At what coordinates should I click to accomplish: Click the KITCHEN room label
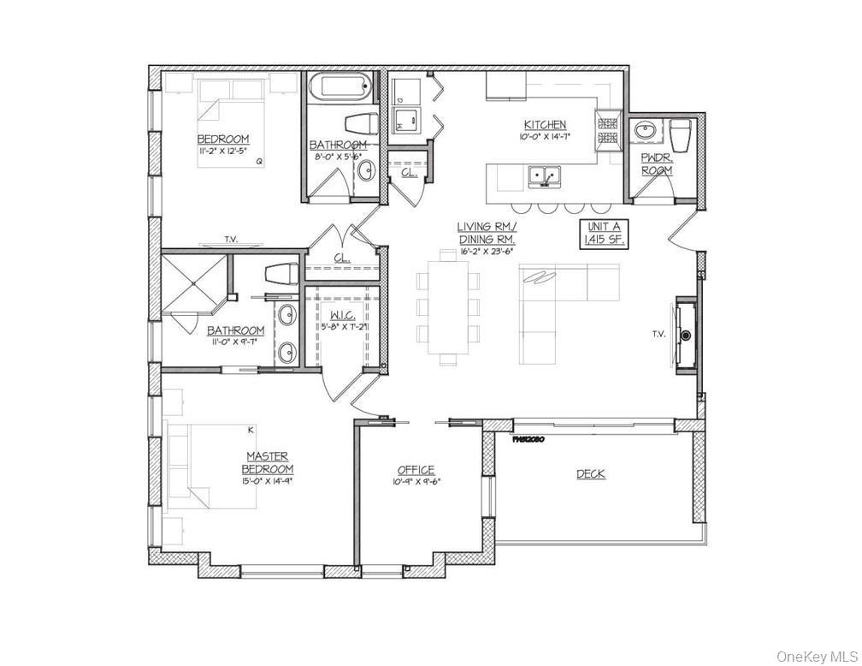point(545,124)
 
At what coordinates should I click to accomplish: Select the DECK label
point(591,473)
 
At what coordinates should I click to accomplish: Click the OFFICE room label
point(416,470)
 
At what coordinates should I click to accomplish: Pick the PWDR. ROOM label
point(657,164)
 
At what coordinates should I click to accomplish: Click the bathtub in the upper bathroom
point(341,87)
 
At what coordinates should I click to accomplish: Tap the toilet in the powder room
point(682,135)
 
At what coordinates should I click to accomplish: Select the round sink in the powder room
point(645,132)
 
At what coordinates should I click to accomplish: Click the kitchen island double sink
point(544,178)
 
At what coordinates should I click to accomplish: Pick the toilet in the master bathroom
point(280,275)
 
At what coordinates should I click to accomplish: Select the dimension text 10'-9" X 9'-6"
point(415,481)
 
